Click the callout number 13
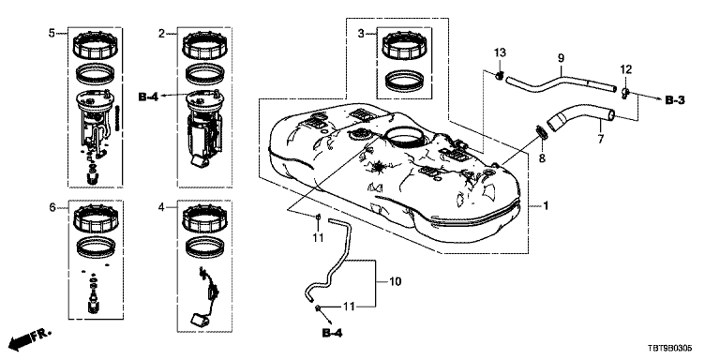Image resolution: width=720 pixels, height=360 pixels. [500, 52]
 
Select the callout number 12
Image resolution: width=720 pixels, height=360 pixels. [626, 69]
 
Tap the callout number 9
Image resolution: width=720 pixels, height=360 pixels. [561, 58]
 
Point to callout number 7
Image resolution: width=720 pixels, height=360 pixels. [601, 138]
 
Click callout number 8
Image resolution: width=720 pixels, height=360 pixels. [542, 158]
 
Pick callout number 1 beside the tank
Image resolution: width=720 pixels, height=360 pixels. [546, 206]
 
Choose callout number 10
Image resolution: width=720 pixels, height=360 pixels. [396, 281]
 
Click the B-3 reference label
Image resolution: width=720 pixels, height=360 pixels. [675, 100]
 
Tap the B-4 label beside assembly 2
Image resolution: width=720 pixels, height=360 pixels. [148, 97]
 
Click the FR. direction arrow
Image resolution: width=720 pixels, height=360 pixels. [31, 337]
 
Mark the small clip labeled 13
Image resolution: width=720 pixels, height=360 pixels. [501, 76]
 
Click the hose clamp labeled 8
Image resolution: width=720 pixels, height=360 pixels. [541, 133]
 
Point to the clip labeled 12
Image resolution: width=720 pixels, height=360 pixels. [626, 92]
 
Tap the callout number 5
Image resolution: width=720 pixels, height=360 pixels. [52, 33]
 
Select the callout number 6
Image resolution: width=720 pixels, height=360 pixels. [52, 207]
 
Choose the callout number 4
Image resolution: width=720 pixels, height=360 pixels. [160, 207]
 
